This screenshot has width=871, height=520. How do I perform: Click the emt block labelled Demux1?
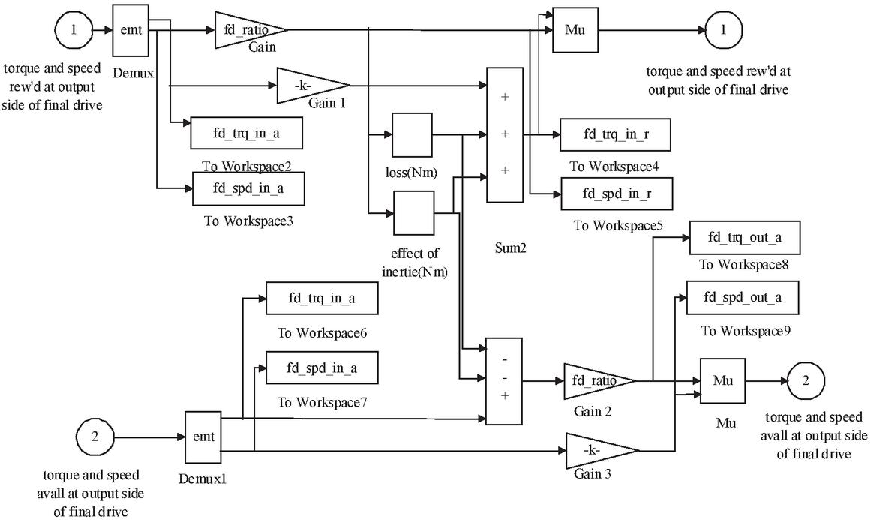pos(203,437)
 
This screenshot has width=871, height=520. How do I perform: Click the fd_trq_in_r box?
pos(615,134)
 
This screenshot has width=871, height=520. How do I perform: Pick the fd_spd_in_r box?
pos(616,193)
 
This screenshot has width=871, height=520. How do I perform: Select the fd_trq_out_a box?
pos(744,238)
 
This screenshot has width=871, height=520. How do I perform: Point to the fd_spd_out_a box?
pos(743,298)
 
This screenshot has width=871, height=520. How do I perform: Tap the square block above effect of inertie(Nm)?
pos(414,213)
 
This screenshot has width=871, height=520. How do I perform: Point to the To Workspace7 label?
pos(322,402)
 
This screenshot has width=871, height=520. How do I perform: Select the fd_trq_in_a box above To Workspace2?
pos(247,134)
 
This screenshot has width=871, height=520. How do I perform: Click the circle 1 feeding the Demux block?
pos(74,31)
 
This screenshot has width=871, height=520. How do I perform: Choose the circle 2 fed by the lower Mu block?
pos(806,380)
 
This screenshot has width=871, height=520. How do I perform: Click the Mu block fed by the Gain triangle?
pos(575,31)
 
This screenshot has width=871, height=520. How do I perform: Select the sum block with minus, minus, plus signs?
pos(504,380)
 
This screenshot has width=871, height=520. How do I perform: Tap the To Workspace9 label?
pos(743,331)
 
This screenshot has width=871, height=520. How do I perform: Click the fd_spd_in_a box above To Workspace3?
pos(248,188)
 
